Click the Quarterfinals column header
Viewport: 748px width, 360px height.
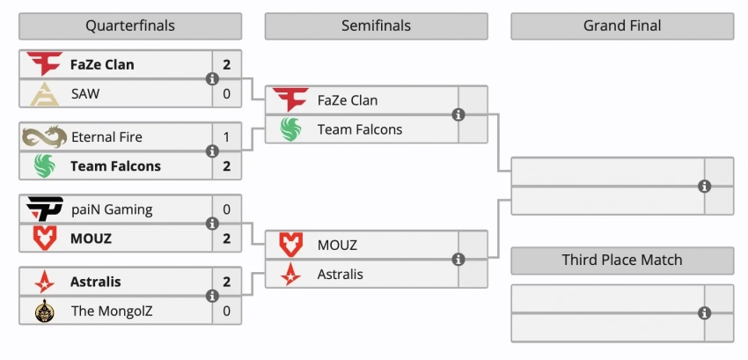pyautogui.click(x=130, y=26)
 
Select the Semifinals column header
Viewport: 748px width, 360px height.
pyautogui.click(x=376, y=26)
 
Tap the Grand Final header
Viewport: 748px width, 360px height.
pyautogui.click(x=621, y=26)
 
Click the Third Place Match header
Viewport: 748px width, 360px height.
pyautogui.click(x=621, y=260)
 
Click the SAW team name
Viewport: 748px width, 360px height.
pyautogui.click(x=85, y=93)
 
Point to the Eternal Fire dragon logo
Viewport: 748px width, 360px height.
pyautogui.click(x=44, y=136)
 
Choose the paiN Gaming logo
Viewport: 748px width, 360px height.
pyautogui.click(x=44, y=209)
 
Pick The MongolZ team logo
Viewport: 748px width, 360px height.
pyautogui.click(x=44, y=310)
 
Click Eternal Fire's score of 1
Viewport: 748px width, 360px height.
pyautogui.click(x=227, y=136)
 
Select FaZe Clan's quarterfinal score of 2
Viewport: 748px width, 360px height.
pyautogui.click(x=227, y=64)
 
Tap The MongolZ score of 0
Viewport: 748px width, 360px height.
pyautogui.click(x=227, y=310)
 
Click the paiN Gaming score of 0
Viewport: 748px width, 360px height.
pyautogui.click(x=227, y=209)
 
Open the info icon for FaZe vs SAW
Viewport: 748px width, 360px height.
pyautogui.click(x=212, y=79)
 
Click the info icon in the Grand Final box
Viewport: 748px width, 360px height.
pyautogui.click(x=704, y=187)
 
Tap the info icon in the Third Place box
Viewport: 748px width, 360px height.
pyautogui.click(x=704, y=313)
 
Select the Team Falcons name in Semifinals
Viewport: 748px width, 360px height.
pyautogui.click(x=359, y=129)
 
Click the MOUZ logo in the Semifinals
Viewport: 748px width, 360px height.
pyautogui.click(x=290, y=245)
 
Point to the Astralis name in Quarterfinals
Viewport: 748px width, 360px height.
pyautogui.click(x=95, y=282)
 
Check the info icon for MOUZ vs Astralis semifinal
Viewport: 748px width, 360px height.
pyautogui.click(x=458, y=260)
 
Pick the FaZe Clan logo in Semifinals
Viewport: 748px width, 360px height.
pyautogui.click(x=290, y=99)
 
